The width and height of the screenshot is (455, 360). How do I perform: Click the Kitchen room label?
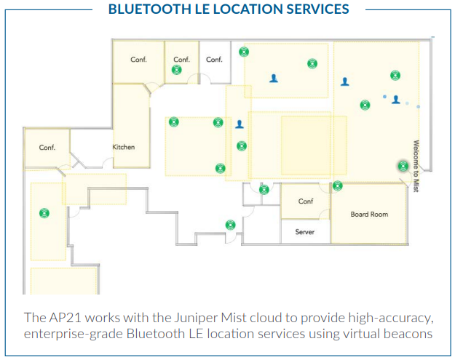click(x=124, y=147)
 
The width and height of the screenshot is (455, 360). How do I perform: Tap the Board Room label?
click(x=369, y=215)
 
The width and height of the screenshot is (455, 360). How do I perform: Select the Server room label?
click(x=305, y=231)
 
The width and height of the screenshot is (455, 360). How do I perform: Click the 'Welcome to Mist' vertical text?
click(x=416, y=166)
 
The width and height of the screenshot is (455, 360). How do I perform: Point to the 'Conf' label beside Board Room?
click(x=306, y=201)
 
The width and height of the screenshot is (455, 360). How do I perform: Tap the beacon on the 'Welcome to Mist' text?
click(x=403, y=166)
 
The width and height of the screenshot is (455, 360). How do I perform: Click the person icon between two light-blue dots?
click(x=396, y=100)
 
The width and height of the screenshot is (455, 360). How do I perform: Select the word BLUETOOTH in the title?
click(x=150, y=9)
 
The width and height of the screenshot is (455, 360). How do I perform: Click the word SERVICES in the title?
click(x=317, y=9)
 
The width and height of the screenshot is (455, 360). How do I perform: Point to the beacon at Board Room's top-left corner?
click(x=338, y=185)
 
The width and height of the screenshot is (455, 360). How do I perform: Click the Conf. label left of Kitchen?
click(x=47, y=147)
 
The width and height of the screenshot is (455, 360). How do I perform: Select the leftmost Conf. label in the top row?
click(x=138, y=60)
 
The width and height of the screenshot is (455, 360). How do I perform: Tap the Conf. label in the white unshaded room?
click(x=214, y=60)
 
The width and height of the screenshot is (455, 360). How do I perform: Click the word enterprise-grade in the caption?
click(x=74, y=335)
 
